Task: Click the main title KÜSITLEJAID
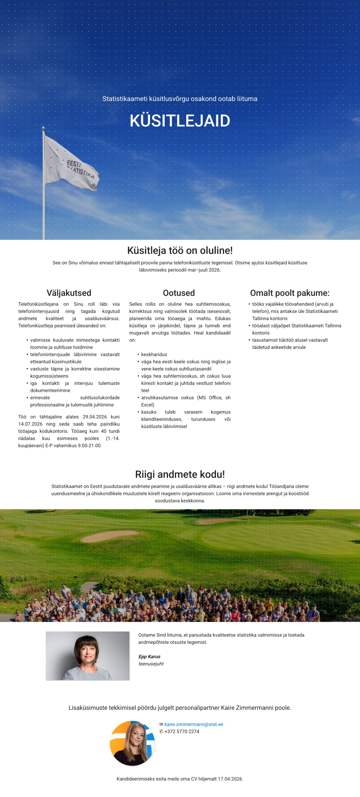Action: [180, 121]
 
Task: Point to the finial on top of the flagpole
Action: [43, 128]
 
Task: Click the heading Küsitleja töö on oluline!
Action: [180, 250]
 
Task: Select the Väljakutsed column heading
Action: [69, 293]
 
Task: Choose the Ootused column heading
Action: [179, 293]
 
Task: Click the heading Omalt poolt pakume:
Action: [290, 293]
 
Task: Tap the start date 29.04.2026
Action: [94, 417]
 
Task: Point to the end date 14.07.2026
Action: [30, 424]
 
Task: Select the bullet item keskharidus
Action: [154, 354]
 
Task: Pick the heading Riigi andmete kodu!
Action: [180, 474]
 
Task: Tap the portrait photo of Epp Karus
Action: [88, 656]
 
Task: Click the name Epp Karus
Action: [149, 656]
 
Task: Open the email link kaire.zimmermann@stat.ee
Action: [194, 724]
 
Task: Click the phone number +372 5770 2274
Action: [182, 731]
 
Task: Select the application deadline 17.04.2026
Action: [230, 779]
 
